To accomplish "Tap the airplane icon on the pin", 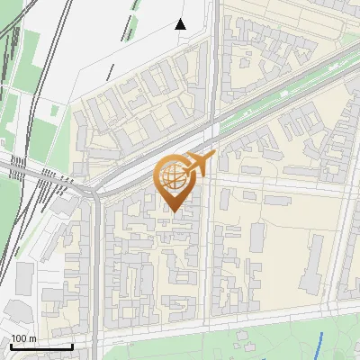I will (x=199, y=164).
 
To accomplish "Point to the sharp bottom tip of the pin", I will (x=174, y=211).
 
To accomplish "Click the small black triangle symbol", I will (x=180, y=24).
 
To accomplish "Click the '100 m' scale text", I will (x=23, y=338).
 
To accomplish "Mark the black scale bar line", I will (x=41, y=346).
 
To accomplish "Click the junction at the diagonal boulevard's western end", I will (x=94, y=191).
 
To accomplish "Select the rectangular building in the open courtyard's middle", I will (x=257, y=237).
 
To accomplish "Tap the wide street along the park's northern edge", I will (x=225, y=324).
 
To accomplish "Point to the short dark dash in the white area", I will (x=111, y=72).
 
